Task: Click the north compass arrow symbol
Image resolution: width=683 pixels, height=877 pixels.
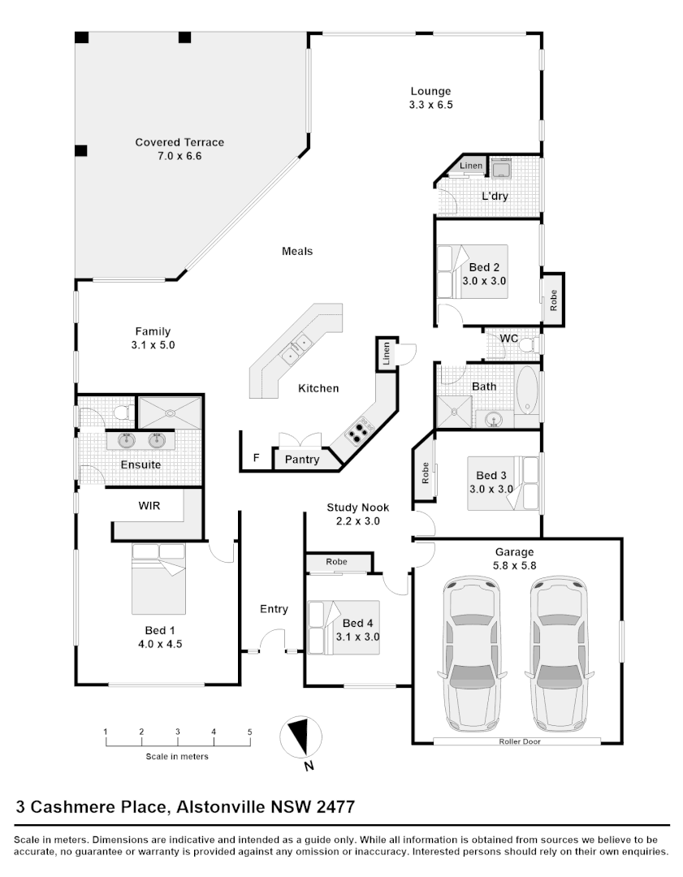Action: [x=298, y=737]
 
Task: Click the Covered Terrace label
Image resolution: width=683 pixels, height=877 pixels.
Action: [x=179, y=142]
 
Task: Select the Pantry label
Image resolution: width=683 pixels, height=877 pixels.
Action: [x=301, y=460]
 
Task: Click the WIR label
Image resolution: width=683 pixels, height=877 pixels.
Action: [x=149, y=505]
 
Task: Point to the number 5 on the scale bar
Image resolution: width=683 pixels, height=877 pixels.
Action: [x=250, y=732]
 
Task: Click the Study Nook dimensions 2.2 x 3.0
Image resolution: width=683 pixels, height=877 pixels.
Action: [x=353, y=521]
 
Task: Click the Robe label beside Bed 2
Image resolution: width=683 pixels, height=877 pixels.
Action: [x=554, y=301]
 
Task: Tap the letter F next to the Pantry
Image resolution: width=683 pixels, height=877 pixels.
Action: [x=256, y=458]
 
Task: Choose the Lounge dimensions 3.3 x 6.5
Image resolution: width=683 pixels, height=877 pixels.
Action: [x=430, y=105]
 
